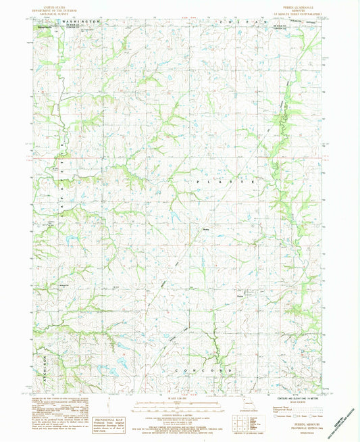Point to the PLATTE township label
(x=226, y=182)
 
